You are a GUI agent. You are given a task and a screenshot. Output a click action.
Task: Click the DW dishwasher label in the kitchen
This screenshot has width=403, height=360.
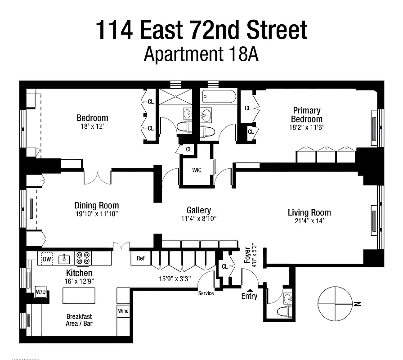point(47,259)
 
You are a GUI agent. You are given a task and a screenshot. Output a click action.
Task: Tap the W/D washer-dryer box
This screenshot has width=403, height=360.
point(40,292)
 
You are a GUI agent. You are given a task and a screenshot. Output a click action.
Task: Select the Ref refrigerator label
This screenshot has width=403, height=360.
point(141,258)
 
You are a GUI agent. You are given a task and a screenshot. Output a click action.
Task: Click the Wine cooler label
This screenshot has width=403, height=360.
point(123,310)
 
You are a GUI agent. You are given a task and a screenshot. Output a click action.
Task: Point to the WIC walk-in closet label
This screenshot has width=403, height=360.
point(196,171)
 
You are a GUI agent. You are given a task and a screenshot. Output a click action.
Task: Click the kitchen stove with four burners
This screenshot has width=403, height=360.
point(82,258)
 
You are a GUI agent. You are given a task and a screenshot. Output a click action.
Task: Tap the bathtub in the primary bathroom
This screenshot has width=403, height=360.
point(219,96)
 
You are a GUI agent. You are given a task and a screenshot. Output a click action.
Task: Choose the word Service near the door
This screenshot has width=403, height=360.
point(206,293)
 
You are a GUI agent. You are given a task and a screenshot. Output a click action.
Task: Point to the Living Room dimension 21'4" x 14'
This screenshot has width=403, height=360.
point(309,221)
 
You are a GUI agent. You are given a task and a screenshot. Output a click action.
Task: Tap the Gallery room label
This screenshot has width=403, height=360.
point(199,210)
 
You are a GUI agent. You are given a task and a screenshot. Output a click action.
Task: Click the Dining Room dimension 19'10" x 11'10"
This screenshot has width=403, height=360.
point(96,214)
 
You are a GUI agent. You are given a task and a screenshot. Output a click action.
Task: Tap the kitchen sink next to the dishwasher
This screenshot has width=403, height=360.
point(64,258)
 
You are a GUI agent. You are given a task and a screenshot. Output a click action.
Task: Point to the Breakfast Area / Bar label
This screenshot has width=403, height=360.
point(80,320)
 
